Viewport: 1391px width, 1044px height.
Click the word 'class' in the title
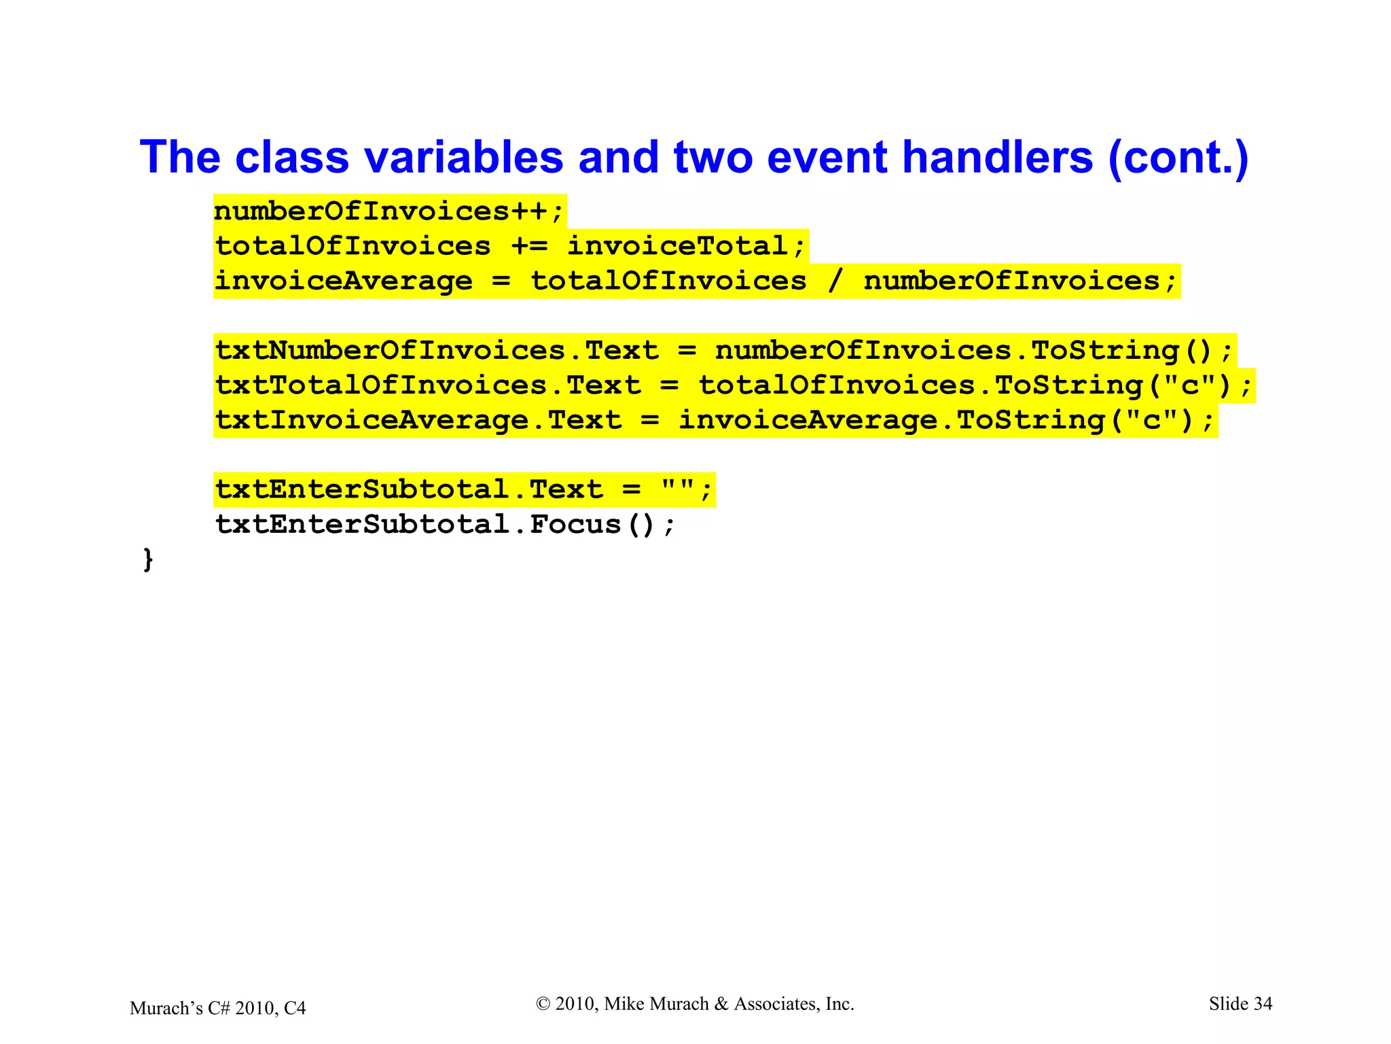291,158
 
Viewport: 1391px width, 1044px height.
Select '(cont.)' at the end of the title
1178,158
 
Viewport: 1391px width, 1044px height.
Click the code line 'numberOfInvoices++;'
389,211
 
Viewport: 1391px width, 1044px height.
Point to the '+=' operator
529,246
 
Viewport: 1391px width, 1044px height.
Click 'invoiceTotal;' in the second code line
686,246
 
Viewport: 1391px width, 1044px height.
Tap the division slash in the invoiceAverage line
835,281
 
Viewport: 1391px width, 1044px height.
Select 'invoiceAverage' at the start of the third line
344,281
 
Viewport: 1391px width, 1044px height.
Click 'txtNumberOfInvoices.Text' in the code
437,351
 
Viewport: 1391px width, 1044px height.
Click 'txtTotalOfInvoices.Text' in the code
428,386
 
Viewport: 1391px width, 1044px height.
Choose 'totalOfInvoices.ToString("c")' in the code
975,386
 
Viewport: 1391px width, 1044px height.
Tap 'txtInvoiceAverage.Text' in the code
418,421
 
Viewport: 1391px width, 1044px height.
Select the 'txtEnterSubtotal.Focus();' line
446,525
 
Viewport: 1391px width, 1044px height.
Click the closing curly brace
148,560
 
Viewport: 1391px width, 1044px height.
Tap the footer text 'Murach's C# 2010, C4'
217,1008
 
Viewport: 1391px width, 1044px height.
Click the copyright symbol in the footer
543,1004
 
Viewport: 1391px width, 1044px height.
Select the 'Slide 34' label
1240,1004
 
